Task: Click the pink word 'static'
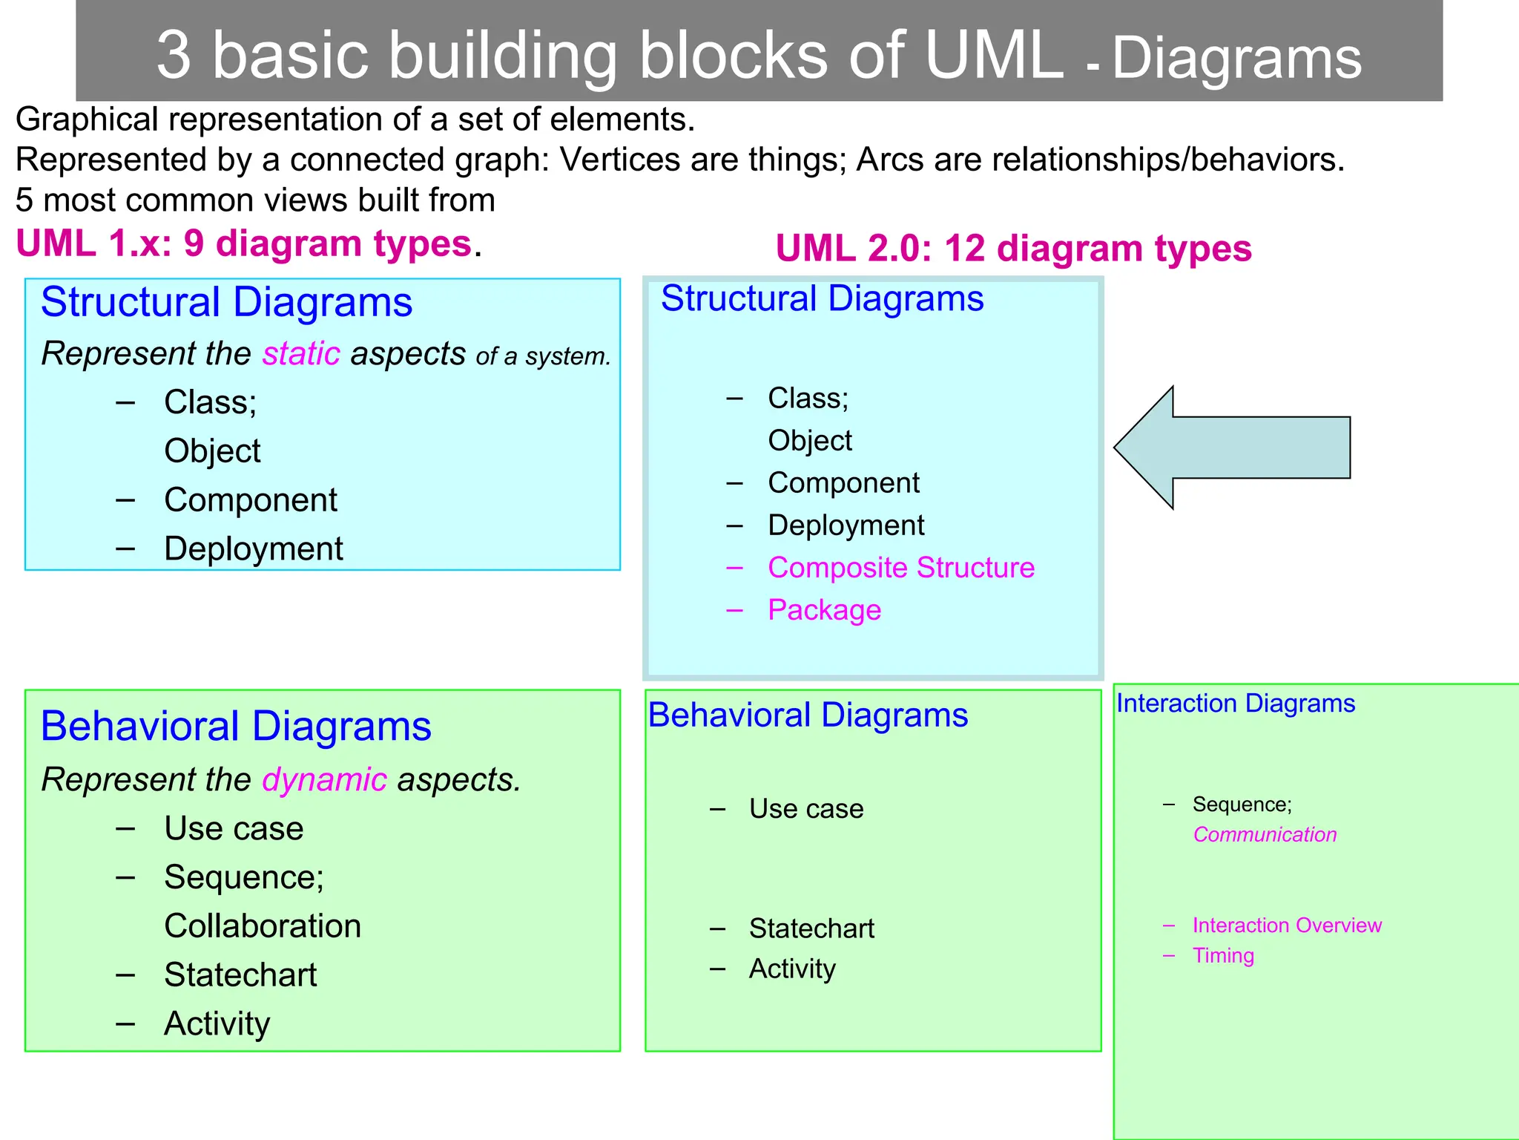pyautogui.click(x=301, y=354)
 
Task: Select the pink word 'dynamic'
pyautogui.click(x=324, y=780)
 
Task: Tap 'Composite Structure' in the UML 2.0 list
pyautogui.click(x=900, y=568)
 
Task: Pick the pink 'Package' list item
pyautogui.click(x=824, y=610)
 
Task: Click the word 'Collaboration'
pyautogui.click(x=263, y=926)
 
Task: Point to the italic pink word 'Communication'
pyautogui.click(x=1265, y=835)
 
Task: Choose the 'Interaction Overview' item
pyautogui.click(x=1287, y=926)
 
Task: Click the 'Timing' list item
pyautogui.click(x=1223, y=956)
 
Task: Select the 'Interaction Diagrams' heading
pyautogui.click(x=1236, y=704)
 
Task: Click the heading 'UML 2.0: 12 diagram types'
pyautogui.click(x=1013, y=249)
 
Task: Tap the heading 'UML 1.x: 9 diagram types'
pyautogui.click(x=244, y=244)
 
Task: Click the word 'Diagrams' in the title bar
pyautogui.click(x=1236, y=59)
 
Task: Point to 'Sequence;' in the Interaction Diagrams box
pyautogui.click(x=1242, y=805)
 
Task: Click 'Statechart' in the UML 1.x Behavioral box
pyautogui.click(x=240, y=975)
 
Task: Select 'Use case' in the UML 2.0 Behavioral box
pyautogui.click(x=806, y=809)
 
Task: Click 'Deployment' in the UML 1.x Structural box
pyautogui.click(x=253, y=549)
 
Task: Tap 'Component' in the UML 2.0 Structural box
pyautogui.click(x=843, y=483)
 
